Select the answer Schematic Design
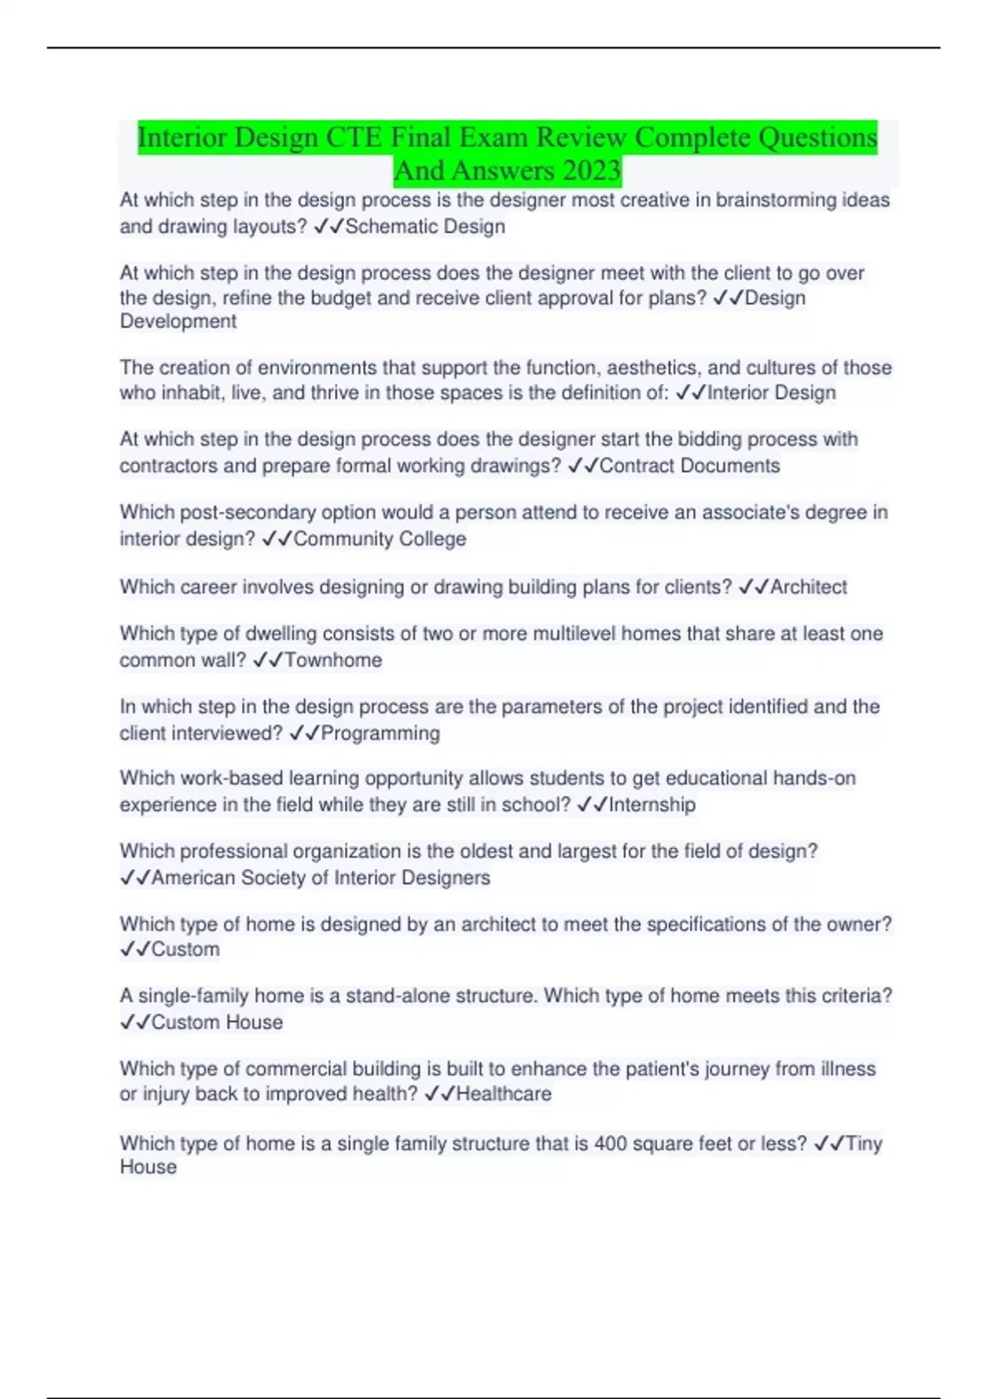coord(425,226)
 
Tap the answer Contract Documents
coord(689,466)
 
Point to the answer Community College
coord(380,539)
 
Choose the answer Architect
coord(809,587)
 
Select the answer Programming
coord(380,733)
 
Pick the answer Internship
coord(651,805)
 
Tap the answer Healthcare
coord(503,1094)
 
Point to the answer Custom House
coord(217,1022)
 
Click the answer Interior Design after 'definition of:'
coord(771,393)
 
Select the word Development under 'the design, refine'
coord(178,322)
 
